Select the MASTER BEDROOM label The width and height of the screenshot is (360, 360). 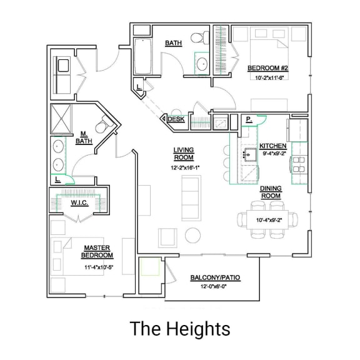[x=97, y=252]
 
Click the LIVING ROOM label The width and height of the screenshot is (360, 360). [x=183, y=154]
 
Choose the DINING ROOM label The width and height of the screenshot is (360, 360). [x=271, y=192]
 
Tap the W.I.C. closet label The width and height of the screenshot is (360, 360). [x=79, y=202]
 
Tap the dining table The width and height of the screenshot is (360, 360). [x=269, y=219]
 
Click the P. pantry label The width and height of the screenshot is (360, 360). [x=248, y=119]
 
